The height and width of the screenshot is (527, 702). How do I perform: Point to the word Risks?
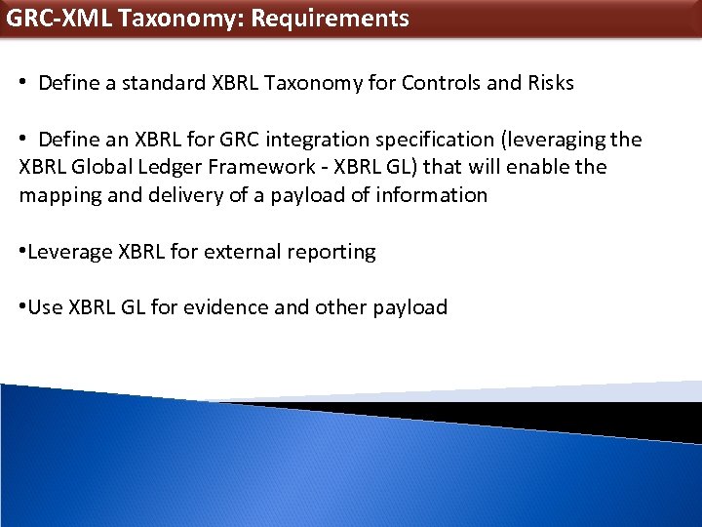click(x=549, y=83)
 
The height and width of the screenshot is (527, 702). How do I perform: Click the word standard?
click(x=160, y=83)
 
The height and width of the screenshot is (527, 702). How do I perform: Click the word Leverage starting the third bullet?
click(x=70, y=252)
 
